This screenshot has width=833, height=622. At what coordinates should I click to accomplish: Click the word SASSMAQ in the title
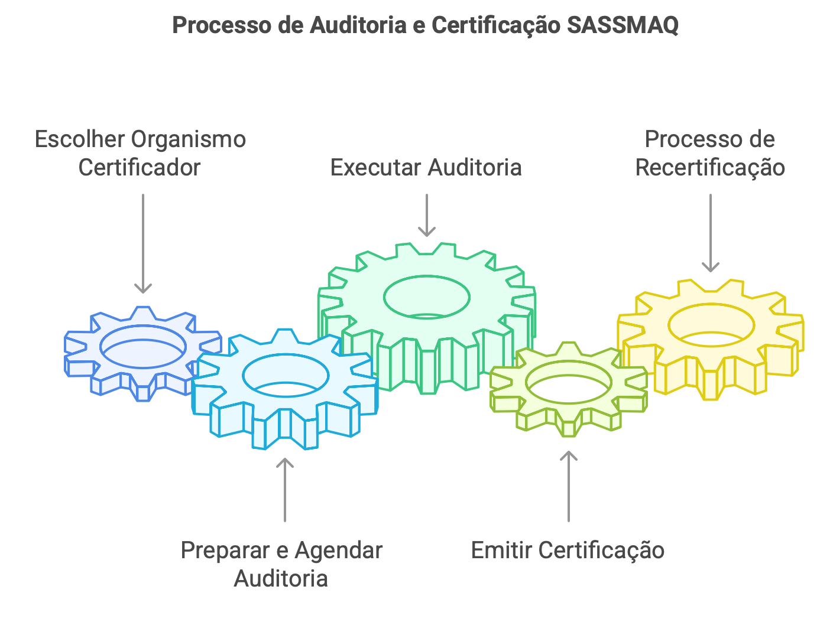623,25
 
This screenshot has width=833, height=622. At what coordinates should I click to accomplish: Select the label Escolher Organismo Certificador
140,153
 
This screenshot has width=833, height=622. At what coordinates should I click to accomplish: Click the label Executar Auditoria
426,167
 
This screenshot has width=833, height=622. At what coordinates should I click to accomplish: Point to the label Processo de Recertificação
710,153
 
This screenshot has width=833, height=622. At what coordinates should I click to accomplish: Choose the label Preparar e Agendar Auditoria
281,564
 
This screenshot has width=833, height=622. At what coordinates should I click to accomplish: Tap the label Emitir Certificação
568,550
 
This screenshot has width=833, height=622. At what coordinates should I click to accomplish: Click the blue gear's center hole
143,347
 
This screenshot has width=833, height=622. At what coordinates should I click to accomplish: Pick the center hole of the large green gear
426,297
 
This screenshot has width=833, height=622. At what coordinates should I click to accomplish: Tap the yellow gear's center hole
711,325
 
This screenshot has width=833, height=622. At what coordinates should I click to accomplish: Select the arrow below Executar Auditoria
426,215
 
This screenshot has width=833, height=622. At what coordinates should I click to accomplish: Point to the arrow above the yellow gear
710,233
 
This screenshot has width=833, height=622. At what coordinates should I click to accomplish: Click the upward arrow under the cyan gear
285,490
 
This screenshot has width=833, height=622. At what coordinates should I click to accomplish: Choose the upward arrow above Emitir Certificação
569,486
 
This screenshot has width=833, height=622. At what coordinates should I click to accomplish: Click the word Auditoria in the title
358,25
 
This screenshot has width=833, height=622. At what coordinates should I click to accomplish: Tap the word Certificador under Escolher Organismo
140,167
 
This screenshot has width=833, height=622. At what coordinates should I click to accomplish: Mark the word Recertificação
710,167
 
